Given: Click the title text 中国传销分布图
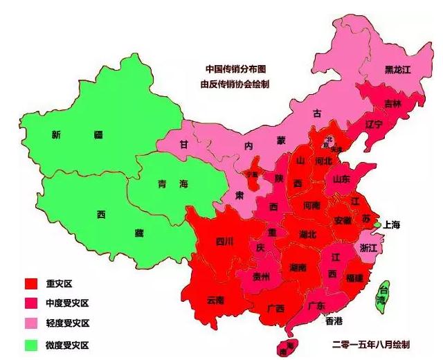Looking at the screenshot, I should pyautogui.click(x=235, y=69).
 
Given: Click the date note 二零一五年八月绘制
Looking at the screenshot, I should pyautogui.click(x=372, y=344).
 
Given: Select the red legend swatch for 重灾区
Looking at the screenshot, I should pyautogui.click(x=30, y=283).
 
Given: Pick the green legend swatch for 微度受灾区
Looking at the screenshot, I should pyautogui.click(x=30, y=344).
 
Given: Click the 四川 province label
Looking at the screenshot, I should pyautogui.click(x=224, y=242).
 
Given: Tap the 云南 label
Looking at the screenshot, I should pyautogui.click(x=215, y=300).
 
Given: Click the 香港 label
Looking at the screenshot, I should pyautogui.click(x=334, y=321).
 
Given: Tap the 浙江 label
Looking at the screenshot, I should pyautogui.click(x=368, y=247).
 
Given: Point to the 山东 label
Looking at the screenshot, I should pyautogui.click(x=341, y=179).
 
